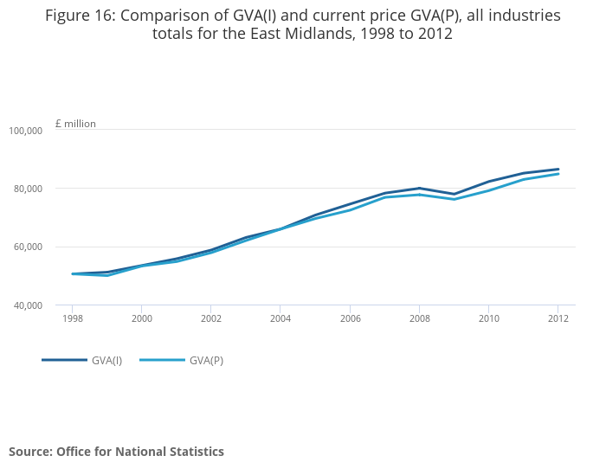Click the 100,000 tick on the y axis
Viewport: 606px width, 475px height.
[26, 131]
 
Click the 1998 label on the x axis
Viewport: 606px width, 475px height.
[72, 318]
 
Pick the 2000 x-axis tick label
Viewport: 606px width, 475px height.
[141, 318]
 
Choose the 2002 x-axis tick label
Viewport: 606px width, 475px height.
[210, 318]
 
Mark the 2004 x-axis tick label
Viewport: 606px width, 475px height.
[280, 318]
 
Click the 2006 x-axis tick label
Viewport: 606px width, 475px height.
[350, 318]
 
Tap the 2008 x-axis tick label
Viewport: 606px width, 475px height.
[419, 318]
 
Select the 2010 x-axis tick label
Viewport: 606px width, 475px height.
[488, 318]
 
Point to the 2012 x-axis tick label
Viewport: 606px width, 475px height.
[558, 318]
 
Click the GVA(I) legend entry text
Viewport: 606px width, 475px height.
[106, 360]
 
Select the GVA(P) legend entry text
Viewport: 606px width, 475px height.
[206, 360]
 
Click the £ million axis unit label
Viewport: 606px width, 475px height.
[75, 124]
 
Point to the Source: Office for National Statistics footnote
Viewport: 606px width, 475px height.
[116, 452]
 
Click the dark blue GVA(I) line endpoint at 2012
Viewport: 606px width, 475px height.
[558, 170]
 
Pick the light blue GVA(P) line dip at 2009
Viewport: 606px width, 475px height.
[455, 199]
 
